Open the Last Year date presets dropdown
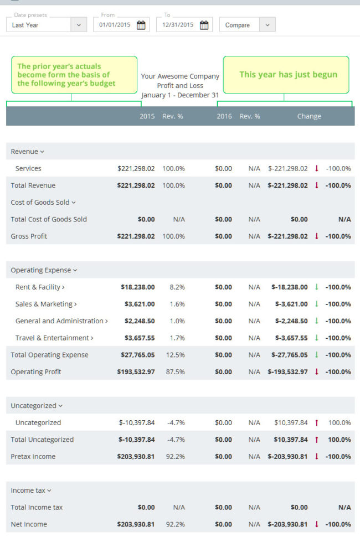click(47, 25)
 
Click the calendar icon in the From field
click(141, 25)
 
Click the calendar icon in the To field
click(204, 25)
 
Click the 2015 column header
click(147, 116)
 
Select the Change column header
click(308, 116)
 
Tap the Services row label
click(28, 168)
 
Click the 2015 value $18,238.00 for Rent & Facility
click(137, 287)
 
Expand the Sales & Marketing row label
click(45, 304)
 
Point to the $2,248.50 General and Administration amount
click(140, 321)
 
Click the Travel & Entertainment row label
click(54, 338)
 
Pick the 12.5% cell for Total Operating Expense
click(175, 355)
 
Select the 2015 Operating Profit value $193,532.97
click(136, 372)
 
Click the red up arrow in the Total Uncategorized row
click(316, 440)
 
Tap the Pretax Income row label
click(33, 457)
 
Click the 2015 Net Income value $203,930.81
click(136, 524)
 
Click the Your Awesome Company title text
click(180, 76)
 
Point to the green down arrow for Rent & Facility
click(316, 287)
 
